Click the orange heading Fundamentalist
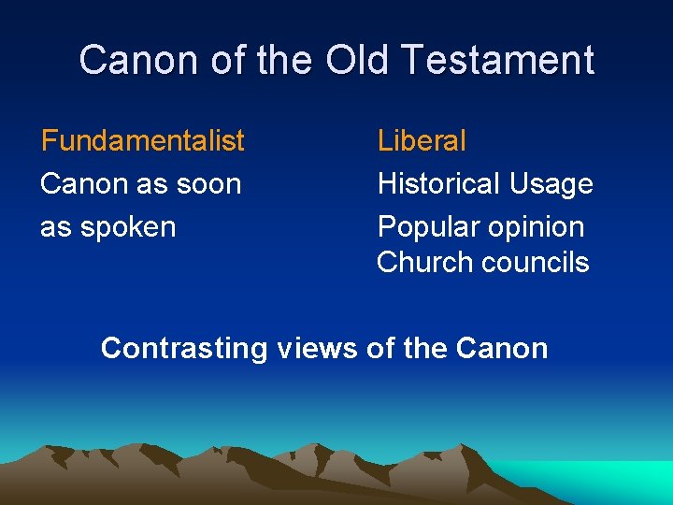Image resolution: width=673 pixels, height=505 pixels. tap(143, 141)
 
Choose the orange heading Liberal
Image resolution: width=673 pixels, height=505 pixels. tap(422, 141)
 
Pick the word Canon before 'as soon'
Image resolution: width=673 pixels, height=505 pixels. tap(83, 184)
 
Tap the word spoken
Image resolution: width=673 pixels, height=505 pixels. tap(129, 227)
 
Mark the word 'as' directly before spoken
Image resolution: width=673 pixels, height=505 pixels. tap(55, 227)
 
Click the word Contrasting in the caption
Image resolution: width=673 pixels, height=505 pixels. tap(184, 349)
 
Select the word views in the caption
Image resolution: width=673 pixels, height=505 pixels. tap(317, 349)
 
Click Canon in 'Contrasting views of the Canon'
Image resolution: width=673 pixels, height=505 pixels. tap(502, 349)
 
